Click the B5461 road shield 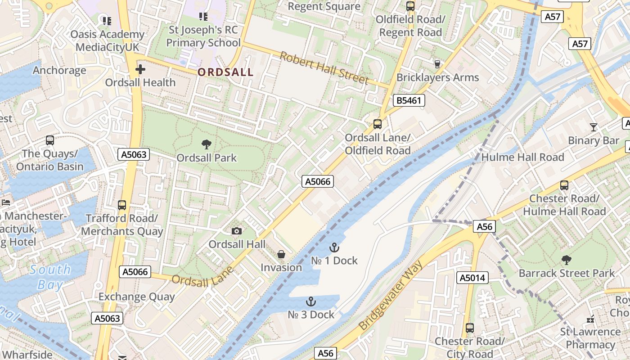[409, 100]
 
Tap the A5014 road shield [472, 278]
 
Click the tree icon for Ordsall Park [207, 144]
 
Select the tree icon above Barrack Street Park [566, 260]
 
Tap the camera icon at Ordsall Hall [236, 231]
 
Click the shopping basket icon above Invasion [281, 255]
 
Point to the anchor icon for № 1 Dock [334, 247]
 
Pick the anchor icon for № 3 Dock [311, 301]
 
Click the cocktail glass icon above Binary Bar [594, 127]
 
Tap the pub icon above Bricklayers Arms [437, 64]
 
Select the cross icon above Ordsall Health [140, 69]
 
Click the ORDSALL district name [225, 72]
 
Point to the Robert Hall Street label [324, 68]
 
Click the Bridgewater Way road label [391, 295]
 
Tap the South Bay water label [50, 277]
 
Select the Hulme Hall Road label [522, 157]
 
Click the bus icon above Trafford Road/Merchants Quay [121, 205]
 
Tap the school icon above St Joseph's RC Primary [203, 17]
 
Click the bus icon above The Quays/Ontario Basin [50, 140]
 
